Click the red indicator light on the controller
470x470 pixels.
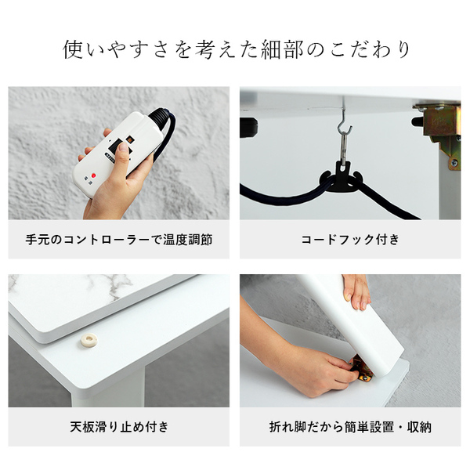pos(93,175)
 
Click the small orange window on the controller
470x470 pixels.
pos(130,139)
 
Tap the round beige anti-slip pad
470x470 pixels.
pos(89,340)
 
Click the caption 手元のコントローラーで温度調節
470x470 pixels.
pos(119,240)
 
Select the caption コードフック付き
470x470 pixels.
pos(350,240)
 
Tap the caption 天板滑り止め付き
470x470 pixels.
pos(119,427)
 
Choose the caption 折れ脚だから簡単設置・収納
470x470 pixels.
pos(350,427)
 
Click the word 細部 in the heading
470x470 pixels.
pos(282,50)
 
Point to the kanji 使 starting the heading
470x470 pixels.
pos(73,50)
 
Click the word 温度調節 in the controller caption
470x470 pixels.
pos(188,240)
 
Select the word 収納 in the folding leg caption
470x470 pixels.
pos(419,427)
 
